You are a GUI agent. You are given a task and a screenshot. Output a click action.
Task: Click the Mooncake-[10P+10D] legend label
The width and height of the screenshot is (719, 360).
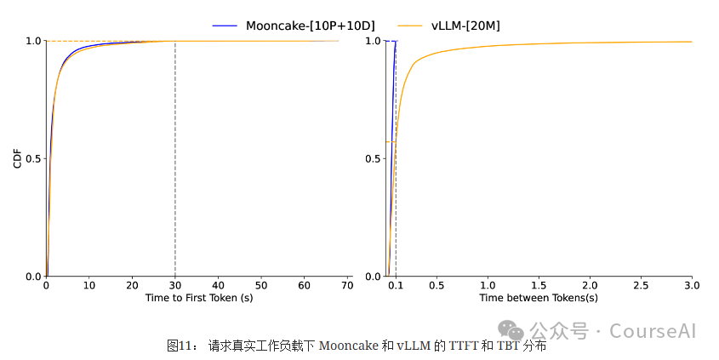[310, 26]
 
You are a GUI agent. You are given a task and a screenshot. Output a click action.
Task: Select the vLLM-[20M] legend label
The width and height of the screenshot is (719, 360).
[465, 26]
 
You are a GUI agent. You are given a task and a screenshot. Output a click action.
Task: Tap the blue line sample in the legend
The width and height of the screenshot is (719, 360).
[225, 26]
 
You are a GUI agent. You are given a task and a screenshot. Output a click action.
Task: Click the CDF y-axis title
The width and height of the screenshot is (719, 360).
[17, 158]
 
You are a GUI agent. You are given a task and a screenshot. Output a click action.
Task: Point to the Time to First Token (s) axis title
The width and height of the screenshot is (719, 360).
[198, 298]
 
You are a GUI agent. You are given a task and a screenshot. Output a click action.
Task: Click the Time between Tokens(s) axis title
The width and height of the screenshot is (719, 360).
[538, 298]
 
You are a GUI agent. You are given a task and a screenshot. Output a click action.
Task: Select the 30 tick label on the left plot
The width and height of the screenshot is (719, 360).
[174, 286]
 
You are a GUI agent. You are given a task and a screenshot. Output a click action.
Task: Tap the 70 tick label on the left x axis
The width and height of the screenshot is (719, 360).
[347, 286]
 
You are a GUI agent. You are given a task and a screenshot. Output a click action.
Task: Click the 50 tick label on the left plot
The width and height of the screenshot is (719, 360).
[261, 286]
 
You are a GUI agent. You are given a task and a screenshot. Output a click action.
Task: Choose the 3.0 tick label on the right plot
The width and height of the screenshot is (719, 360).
[691, 286]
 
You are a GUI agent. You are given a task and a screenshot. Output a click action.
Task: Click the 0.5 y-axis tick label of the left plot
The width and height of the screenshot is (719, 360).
[33, 159]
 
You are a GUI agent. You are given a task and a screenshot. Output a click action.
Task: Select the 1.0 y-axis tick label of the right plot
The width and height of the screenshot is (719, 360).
[373, 41]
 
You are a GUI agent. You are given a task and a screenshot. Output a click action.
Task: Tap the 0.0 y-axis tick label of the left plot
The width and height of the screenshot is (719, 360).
[33, 277]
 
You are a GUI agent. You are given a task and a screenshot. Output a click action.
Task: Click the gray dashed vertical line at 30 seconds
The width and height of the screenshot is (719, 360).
[174, 170]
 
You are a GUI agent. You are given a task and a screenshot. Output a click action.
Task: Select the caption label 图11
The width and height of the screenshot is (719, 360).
[181, 346]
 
